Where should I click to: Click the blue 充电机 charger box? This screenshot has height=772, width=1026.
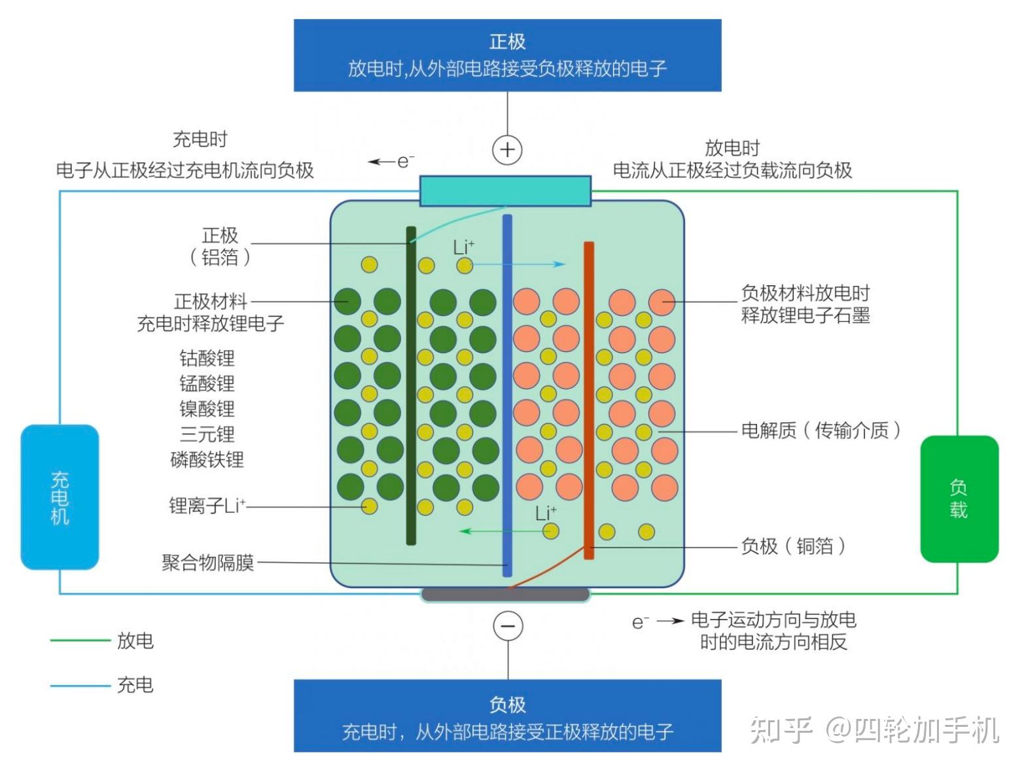click(60, 497)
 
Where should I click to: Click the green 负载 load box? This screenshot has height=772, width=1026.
click(959, 499)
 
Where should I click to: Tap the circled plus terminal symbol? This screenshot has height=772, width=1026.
click(507, 150)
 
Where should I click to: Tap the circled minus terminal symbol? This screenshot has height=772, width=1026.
click(508, 626)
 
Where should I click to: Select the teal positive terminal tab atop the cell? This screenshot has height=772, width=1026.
click(505, 190)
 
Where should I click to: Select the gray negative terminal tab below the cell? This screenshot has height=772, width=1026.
click(505, 594)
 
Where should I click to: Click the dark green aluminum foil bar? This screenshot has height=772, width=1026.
click(411, 386)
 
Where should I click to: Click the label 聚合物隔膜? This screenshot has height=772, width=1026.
click(208, 563)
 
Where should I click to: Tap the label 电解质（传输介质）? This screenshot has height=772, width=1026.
click(821, 430)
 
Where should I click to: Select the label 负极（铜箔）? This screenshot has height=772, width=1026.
click(793, 546)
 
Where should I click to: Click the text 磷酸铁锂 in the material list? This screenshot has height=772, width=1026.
click(207, 459)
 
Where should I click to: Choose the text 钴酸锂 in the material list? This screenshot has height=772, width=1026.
click(207, 358)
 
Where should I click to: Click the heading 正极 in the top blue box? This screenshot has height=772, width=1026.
click(507, 42)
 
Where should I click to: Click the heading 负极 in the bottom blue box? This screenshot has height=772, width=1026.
click(507, 705)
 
